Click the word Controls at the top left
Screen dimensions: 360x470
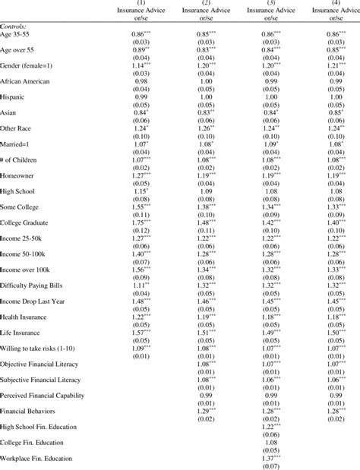[14, 25]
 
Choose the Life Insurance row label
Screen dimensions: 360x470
[24, 354]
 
